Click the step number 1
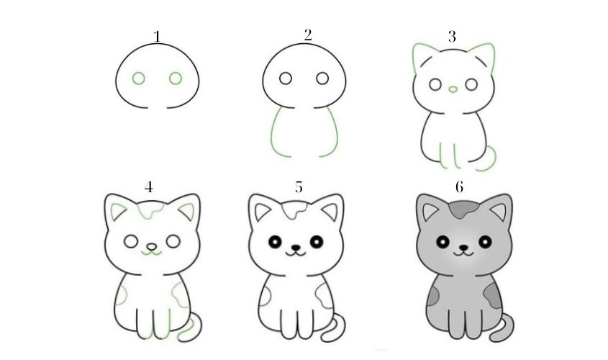coord(157,37)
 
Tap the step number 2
coord(308,35)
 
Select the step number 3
coord(452,37)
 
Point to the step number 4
coord(148,187)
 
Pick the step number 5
coord(298,187)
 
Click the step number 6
coord(459,187)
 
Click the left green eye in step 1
coord(138,78)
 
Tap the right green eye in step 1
coord(176,78)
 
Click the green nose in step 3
coord(453,89)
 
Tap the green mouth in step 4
coord(151,253)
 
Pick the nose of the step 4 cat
coord(152,247)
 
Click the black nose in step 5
coord(296,247)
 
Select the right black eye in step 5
coord(317,242)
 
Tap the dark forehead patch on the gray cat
coord(464,210)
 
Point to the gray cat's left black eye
coord(443,242)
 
